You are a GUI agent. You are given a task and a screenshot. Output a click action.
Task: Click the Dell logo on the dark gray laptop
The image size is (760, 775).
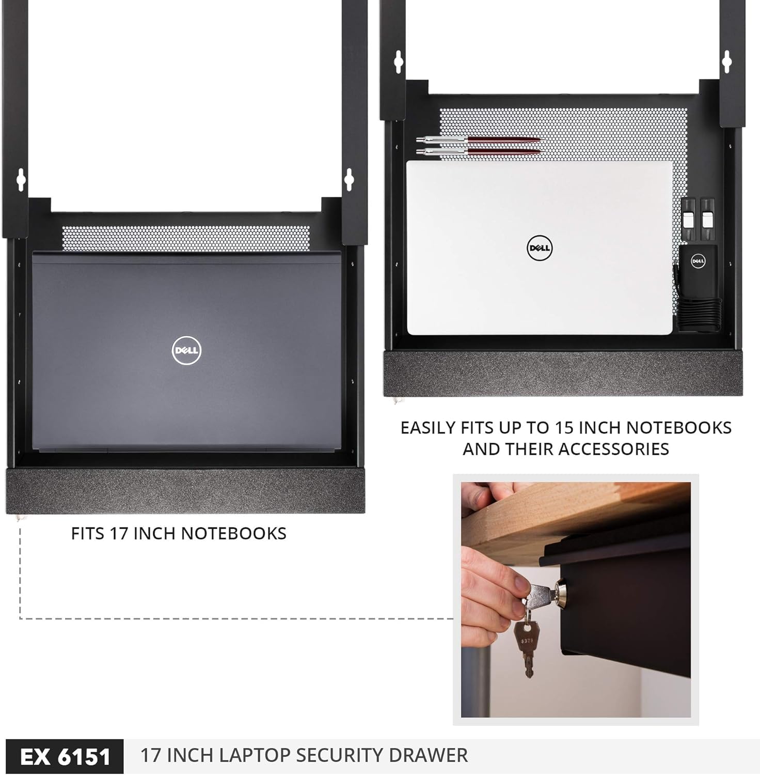click(x=186, y=350)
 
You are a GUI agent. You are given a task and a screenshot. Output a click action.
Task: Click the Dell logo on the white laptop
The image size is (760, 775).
click(x=540, y=248)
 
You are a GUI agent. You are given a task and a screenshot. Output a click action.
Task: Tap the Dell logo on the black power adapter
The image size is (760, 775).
click(x=698, y=261)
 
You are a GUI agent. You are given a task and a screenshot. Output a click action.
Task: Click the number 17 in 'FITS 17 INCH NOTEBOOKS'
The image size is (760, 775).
click(x=119, y=533)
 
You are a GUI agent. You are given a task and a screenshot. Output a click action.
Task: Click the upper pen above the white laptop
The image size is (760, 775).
click(x=480, y=139)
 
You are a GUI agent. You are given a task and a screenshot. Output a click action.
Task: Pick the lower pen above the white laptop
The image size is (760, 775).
click(x=479, y=151)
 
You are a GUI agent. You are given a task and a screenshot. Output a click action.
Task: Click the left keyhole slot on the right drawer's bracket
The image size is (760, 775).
click(x=398, y=61)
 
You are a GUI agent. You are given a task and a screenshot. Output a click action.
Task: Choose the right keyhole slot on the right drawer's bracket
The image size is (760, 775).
click(x=727, y=61)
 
